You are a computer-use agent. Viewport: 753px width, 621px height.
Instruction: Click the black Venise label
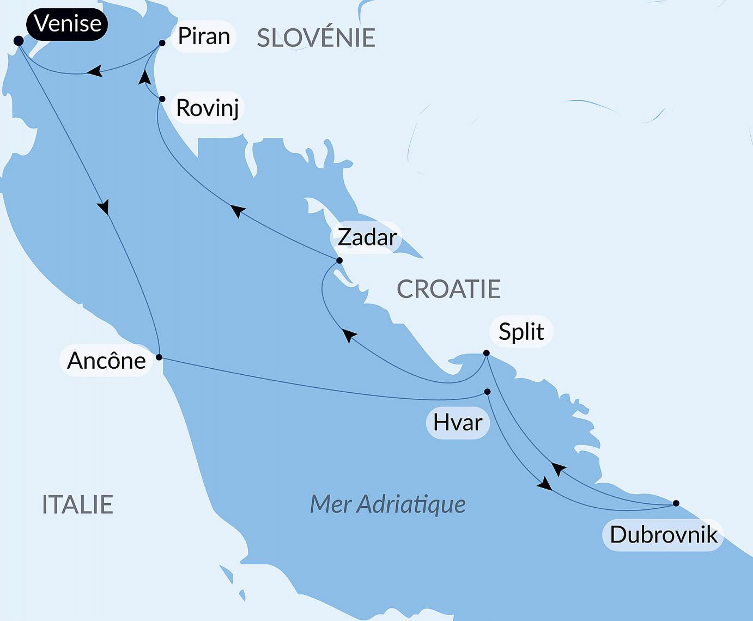click(x=67, y=24)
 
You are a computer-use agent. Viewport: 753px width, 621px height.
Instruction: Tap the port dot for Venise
click(x=18, y=41)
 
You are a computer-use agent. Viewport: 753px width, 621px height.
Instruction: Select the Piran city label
click(x=204, y=36)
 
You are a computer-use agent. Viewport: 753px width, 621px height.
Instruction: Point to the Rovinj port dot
click(x=162, y=99)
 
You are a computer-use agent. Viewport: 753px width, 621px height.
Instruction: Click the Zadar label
click(x=367, y=237)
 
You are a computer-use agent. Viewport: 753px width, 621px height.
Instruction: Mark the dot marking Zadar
click(x=339, y=260)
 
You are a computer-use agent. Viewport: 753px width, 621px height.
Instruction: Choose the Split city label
click(x=521, y=332)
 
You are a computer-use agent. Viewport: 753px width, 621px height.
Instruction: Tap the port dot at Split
click(x=487, y=353)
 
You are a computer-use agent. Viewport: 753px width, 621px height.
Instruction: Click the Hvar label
click(x=458, y=423)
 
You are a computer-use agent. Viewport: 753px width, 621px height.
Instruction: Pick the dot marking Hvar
click(x=487, y=392)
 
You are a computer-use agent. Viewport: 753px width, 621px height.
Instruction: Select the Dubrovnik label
click(x=663, y=535)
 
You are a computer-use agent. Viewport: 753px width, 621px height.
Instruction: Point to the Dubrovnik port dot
click(x=676, y=503)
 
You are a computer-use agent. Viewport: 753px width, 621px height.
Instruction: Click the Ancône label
click(x=106, y=361)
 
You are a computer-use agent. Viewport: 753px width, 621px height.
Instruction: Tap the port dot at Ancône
click(x=159, y=357)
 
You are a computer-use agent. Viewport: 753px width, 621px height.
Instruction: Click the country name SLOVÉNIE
click(x=316, y=38)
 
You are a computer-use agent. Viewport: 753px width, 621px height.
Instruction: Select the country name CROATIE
click(x=448, y=289)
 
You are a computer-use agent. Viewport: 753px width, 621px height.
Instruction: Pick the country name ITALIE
click(x=77, y=505)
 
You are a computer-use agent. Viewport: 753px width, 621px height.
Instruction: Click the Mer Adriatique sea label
click(x=387, y=504)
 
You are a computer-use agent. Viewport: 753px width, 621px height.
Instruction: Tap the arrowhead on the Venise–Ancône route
click(x=104, y=207)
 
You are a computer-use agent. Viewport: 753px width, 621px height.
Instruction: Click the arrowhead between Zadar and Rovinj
click(x=238, y=210)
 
